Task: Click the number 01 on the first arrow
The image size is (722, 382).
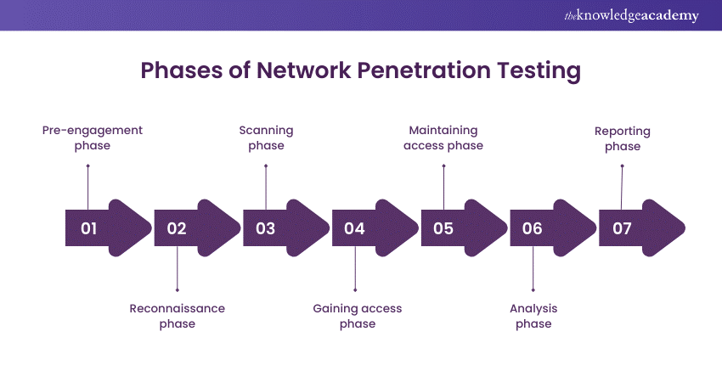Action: pos(89,228)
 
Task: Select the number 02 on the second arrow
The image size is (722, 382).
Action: pos(177,228)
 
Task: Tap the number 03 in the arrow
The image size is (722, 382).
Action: pos(266,228)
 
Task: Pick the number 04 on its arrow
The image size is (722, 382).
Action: pos(354,228)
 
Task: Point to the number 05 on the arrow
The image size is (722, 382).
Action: pos(443,228)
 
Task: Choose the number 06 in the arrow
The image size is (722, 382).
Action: pos(533,228)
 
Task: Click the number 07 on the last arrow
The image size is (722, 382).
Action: pos(621,228)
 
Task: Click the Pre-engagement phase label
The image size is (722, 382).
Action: pos(93,138)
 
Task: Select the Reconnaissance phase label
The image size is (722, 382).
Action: pos(177,316)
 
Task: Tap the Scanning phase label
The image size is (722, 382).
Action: pos(266,138)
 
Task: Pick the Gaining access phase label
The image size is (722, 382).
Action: pos(357,316)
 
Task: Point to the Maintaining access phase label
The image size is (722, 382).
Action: pos(443,138)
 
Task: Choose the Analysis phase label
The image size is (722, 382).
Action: pos(533,316)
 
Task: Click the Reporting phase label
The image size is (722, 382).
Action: pos(623,138)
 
